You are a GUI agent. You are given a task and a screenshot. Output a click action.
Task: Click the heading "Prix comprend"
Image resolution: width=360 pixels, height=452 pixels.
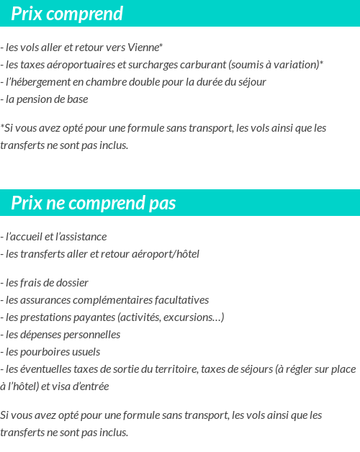pos(67,14)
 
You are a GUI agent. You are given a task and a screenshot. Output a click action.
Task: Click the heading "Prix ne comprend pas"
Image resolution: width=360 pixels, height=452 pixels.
pos(93,204)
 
